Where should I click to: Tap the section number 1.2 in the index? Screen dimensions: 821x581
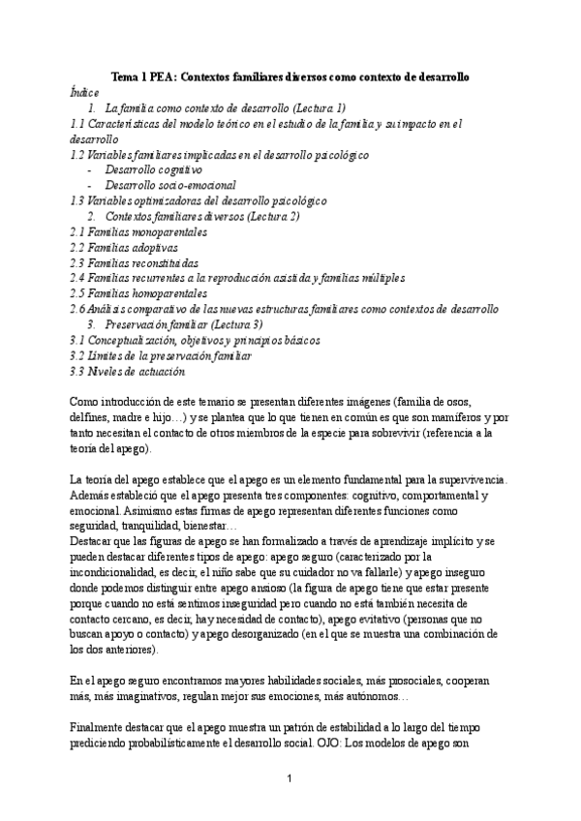(79, 154)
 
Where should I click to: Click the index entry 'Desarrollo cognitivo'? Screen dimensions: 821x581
(154, 169)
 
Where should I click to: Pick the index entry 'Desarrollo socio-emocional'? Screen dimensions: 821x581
(170, 185)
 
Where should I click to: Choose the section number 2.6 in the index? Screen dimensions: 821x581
(79, 309)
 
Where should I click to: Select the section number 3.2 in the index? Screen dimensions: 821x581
(79, 355)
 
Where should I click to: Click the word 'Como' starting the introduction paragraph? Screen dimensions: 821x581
(86, 402)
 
